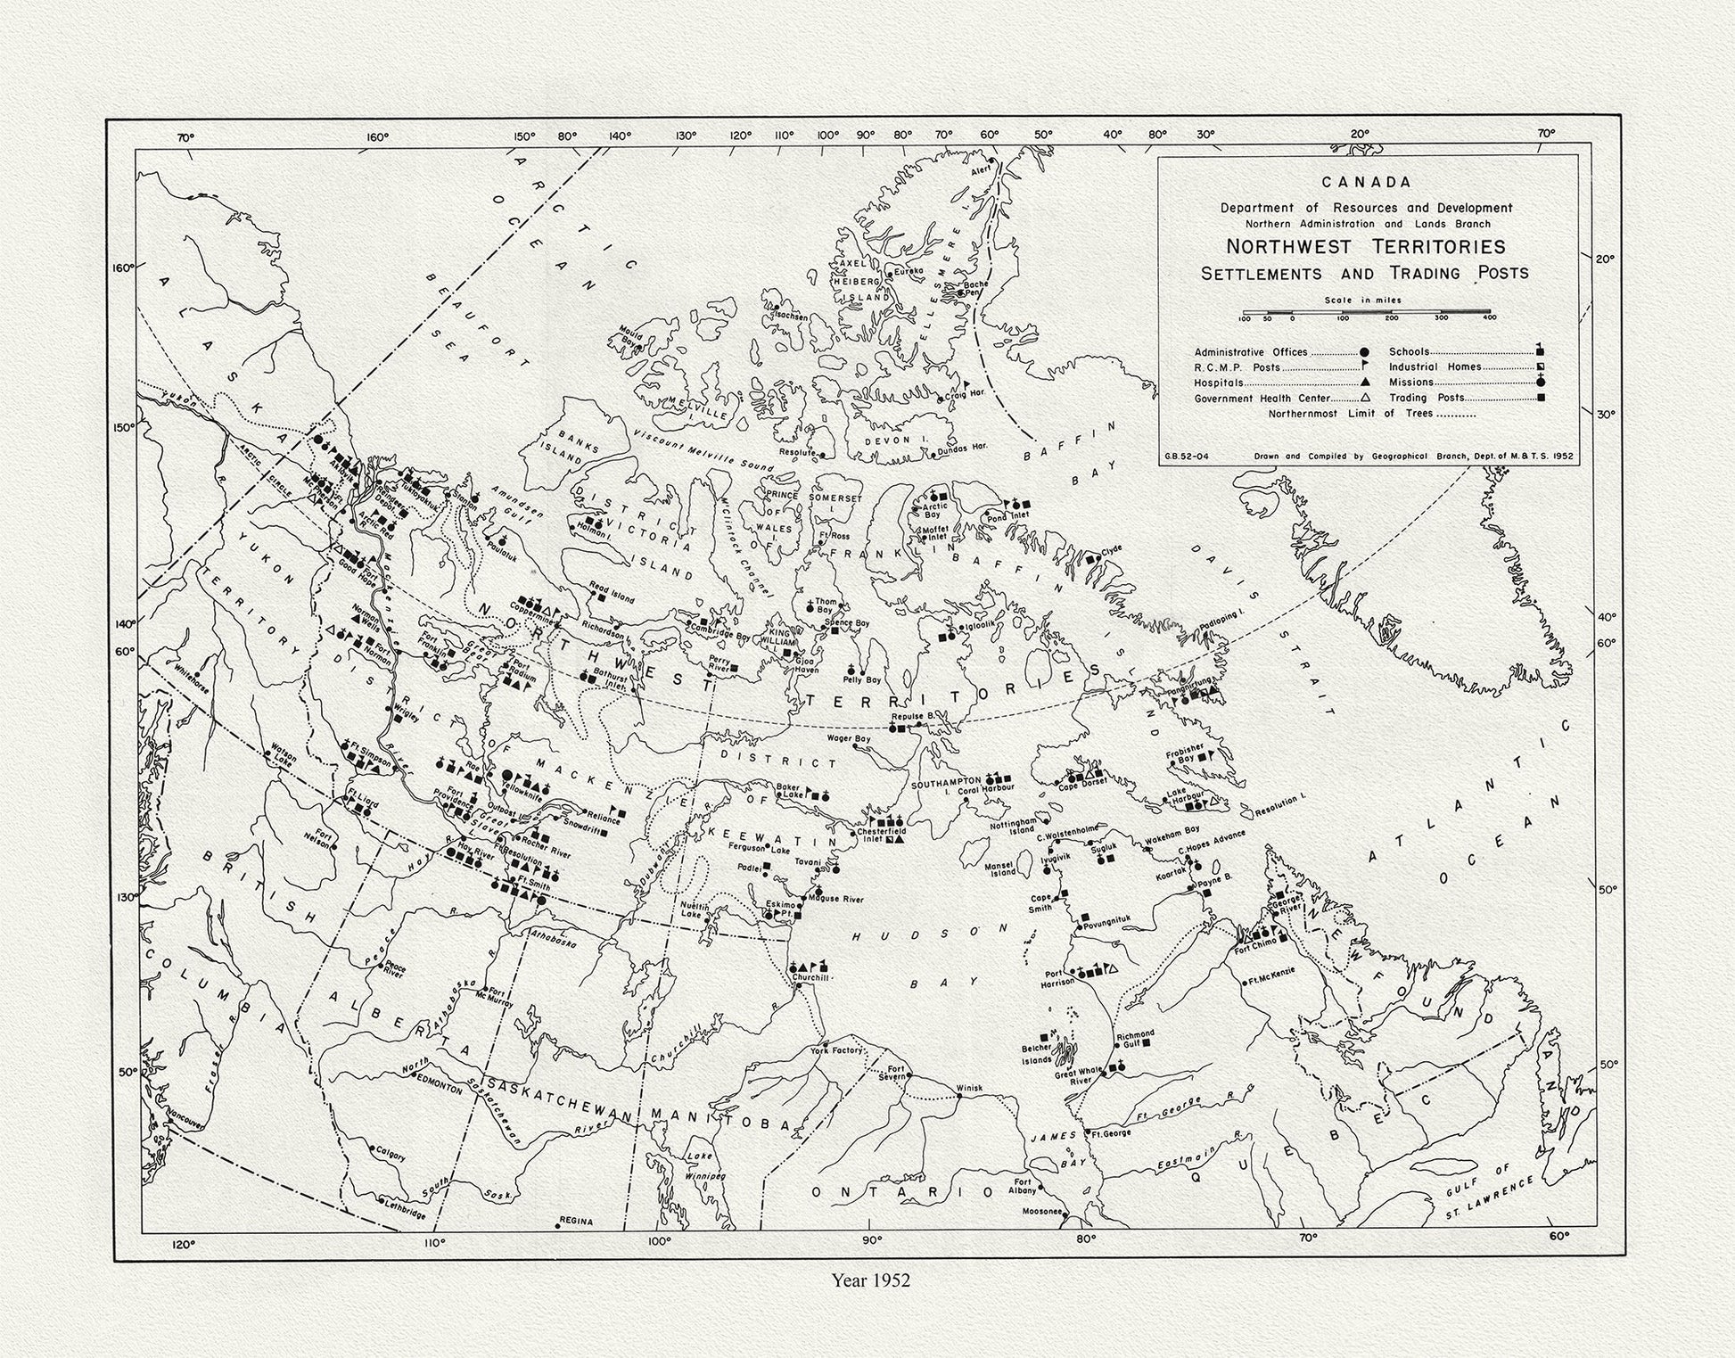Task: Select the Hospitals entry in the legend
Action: pyautogui.click(x=1219, y=383)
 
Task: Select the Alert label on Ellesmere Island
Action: pyautogui.click(x=981, y=169)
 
